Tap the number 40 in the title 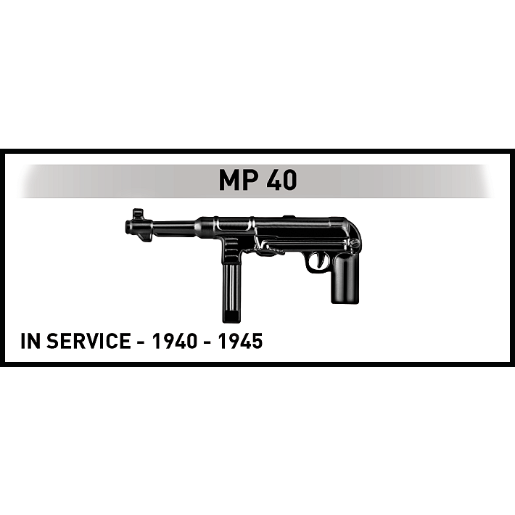click(x=281, y=180)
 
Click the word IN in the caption click(x=30, y=341)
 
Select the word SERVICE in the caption click(x=88, y=341)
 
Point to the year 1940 click(x=174, y=341)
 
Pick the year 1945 click(x=240, y=341)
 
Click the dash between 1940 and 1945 click(x=207, y=342)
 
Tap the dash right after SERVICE click(x=141, y=342)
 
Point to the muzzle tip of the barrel click(x=128, y=227)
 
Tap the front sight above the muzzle click(x=138, y=213)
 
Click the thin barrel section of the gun click(x=174, y=228)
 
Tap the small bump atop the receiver click(x=289, y=216)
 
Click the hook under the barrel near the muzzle click(x=144, y=237)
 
